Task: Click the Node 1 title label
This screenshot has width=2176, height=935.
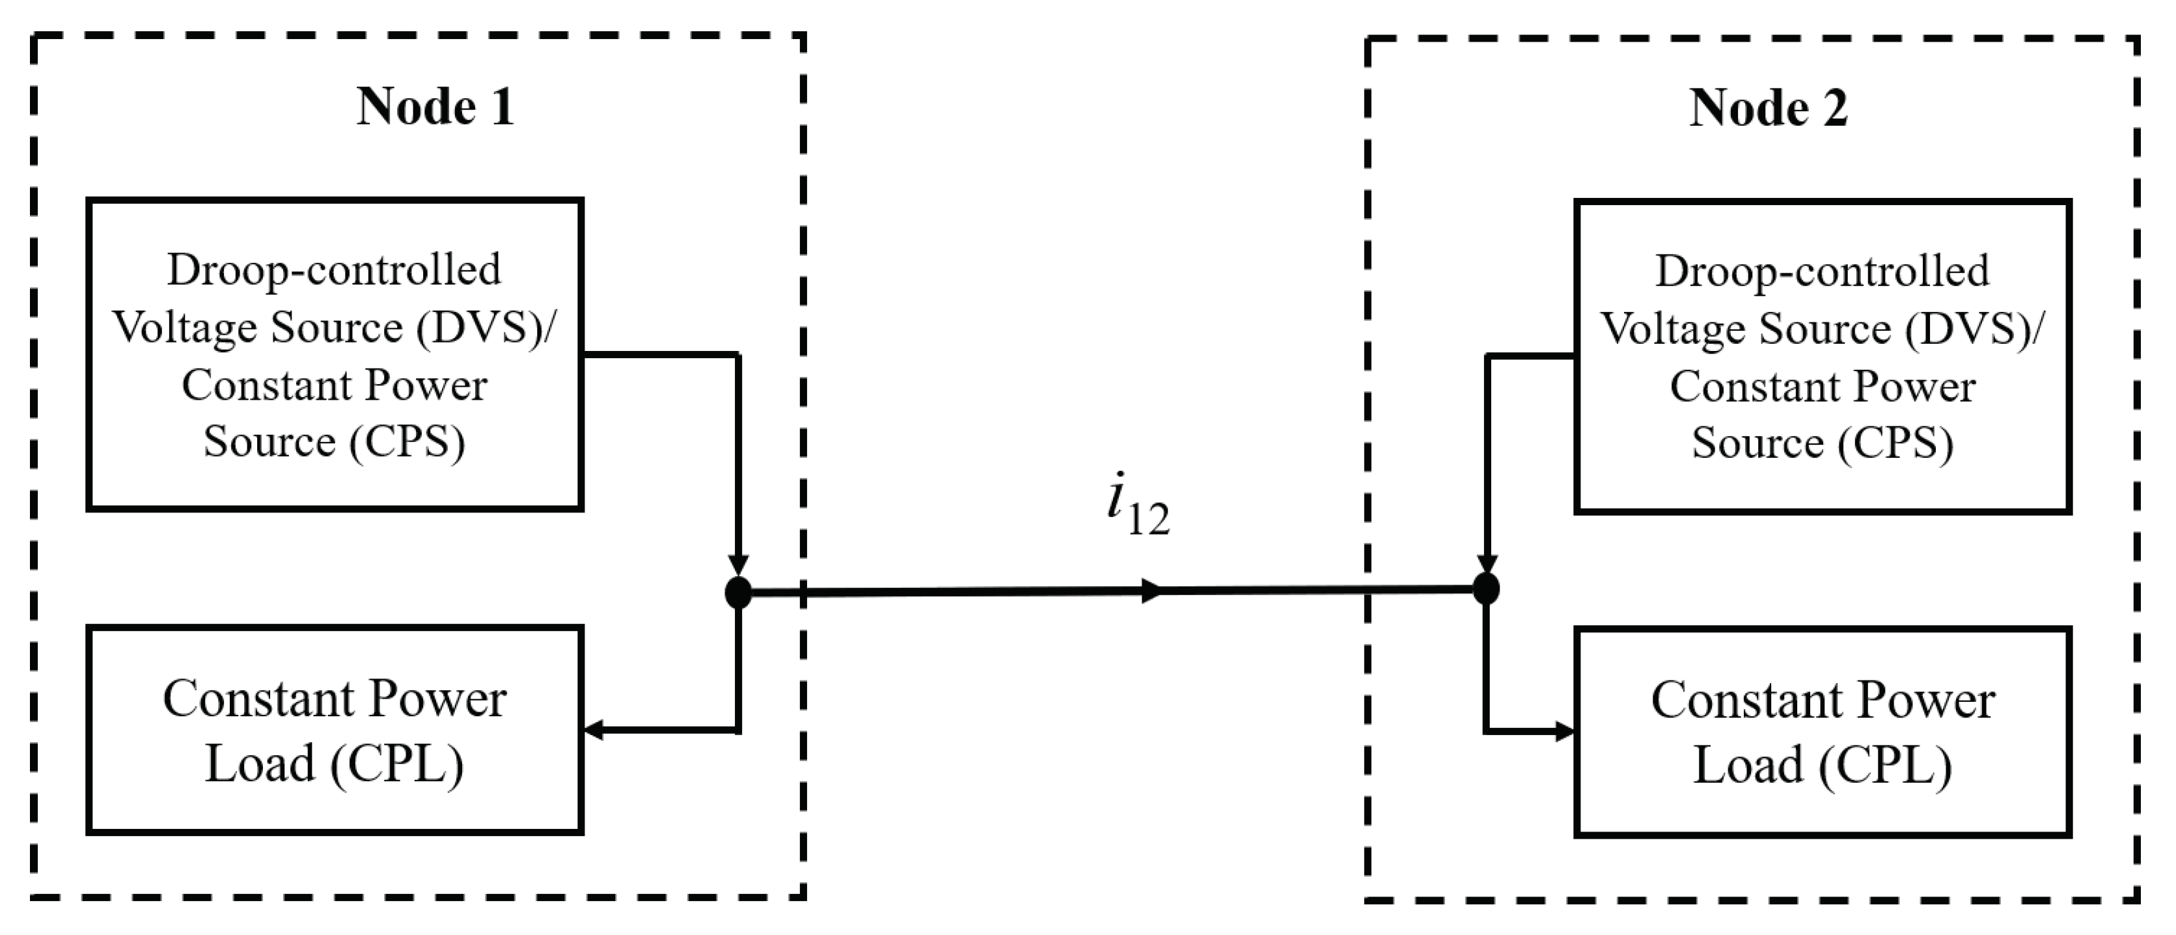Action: [x=435, y=107]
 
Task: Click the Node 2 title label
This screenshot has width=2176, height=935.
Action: [x=1767, y=109]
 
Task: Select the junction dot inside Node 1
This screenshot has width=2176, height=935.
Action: [x=738, y=592]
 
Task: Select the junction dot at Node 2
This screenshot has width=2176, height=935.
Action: [x=1486, y=588]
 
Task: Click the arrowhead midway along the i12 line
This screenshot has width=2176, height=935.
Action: [x=1151, y=591]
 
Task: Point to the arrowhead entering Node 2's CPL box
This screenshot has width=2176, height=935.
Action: [x=1563, y=731]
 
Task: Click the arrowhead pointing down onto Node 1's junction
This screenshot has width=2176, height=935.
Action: [x=738, y=565]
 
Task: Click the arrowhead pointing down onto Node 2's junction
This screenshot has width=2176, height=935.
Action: [x=1487, y=565]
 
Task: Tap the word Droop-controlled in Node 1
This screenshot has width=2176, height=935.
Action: [x=334, y=270]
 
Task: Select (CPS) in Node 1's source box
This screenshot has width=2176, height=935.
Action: [x=407, y=441]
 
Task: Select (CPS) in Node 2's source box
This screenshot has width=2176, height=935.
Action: [x=1895, y=443]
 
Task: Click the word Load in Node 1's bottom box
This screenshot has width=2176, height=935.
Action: [x=260, y=764]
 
